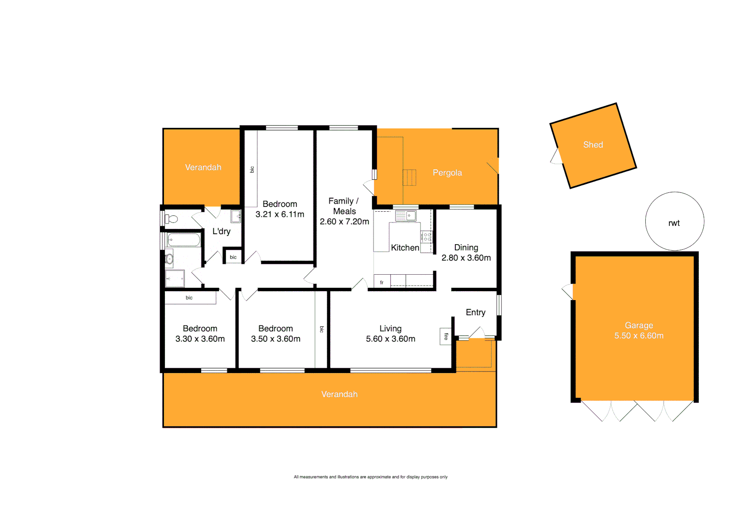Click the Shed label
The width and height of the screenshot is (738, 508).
pyautogui.click(x=593, y=145)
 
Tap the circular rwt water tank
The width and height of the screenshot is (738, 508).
pyautogui.click(x=674, y=221)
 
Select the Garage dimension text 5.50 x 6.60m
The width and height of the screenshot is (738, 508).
pyautogui.click(x=639, y=336)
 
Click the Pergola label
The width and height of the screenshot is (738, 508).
pyautogui.click(x=447, y=173)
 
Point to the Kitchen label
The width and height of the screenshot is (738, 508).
pyautogui.click(x=405, y=248)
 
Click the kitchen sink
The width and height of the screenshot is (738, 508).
pyautogui.click(x=406, y=216)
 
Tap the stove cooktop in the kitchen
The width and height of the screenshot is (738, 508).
pyautogui.click(x=426, y=237)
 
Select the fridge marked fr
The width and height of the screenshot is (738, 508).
pyautogui.click(x=382, y=281)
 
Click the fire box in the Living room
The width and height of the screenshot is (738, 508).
pyautogui.click(x=446, y=336)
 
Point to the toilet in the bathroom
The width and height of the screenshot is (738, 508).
pyautogui.click(x=171, y=219)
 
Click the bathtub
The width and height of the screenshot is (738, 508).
pyautogui.click(x=184, y=240)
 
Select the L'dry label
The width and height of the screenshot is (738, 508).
pyautogui.click(x=221, y=231)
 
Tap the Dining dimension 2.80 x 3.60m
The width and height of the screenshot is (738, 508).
pyautogui.click(x=466, y=258)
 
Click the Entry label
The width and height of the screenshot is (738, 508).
pyautogui.click(x=475, y=312)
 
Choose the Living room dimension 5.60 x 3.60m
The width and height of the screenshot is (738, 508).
pyautogui.click(x=390, y=339)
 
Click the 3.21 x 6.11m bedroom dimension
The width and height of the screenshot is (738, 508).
pyautogui.click(x=280, y=214)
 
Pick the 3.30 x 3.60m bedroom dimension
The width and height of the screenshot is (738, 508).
pyautogui.click(x=200, y=339)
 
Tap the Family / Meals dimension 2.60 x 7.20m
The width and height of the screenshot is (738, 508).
pyautogui.click(x=344, y=222)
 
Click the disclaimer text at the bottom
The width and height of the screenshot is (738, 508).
pyautogui.click(x=371, y=477)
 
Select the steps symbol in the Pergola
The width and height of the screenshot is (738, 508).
pyautogui.click(x=409, y=178)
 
